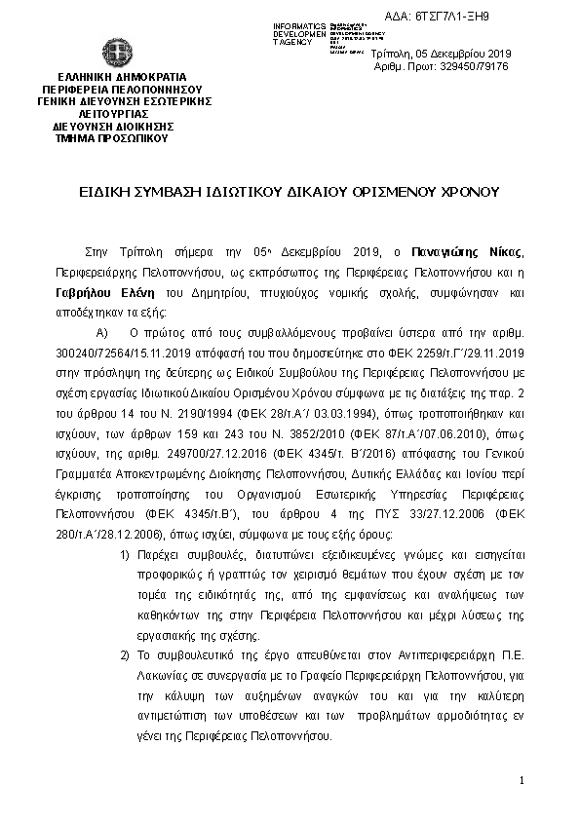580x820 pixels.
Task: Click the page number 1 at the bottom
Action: coord(522,781)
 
